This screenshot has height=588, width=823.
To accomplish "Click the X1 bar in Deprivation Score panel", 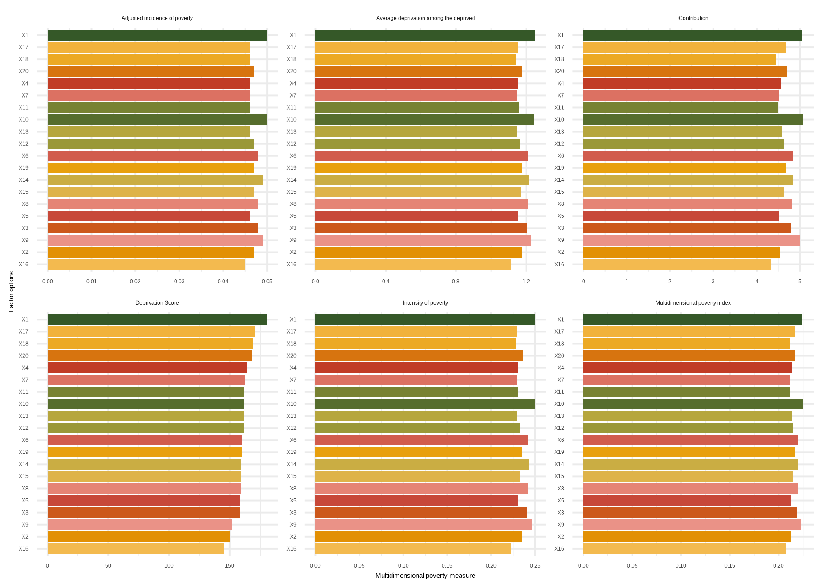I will [157, 320].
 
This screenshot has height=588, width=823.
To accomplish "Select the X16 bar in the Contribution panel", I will [677, 265].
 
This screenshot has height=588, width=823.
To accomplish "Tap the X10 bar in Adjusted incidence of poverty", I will [157, 120].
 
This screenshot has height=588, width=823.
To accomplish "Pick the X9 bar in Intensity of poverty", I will [423, 525].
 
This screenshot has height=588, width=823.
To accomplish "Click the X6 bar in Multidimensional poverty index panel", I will [690, 441].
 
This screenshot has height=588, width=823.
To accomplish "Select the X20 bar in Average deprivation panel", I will [419, 72].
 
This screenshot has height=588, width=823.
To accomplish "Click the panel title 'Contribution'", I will [693, 18].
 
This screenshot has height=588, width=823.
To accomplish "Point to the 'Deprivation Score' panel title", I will [157, 303].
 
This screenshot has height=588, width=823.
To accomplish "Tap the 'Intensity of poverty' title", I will [425, 303].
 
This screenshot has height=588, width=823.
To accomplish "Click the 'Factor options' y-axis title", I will [12, 292].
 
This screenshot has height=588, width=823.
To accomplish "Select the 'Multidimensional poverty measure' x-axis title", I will [425, 576].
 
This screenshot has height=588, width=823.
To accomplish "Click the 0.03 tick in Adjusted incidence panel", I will [179, 282].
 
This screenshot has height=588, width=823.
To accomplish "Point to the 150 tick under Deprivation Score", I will [229, 566].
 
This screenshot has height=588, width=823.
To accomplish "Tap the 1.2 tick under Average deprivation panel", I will [526, 282].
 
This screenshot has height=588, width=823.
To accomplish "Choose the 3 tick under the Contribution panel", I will [713, 282].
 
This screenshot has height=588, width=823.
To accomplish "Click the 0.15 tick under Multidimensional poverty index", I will [729, 566].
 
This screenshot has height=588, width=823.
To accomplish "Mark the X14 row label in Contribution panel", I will [559, 180].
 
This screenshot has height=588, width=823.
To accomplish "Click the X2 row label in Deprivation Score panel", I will [25, 537].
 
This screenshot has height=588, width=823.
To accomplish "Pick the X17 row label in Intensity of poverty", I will [291, 332].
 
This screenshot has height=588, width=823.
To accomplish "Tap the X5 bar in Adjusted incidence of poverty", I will [148, 216].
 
